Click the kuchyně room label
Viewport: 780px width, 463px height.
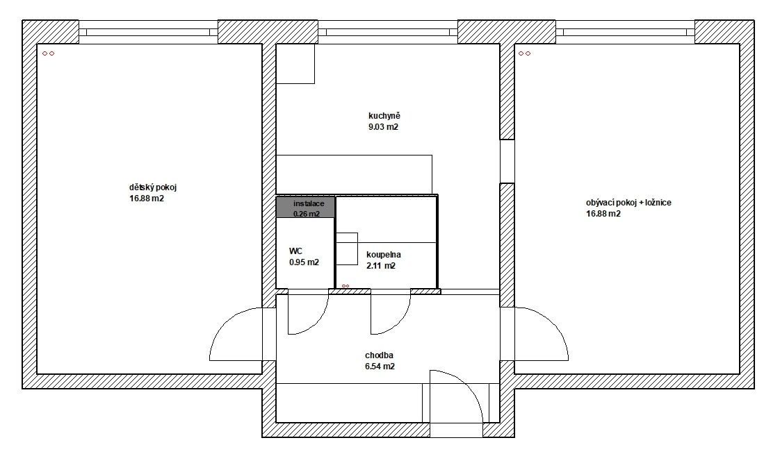click(384, 116)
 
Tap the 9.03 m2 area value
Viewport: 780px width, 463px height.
click(383, 126)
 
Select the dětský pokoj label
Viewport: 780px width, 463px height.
click(153, 187)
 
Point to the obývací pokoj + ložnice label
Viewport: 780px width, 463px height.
click(628, 203)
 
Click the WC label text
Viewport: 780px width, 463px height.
click(295, 251)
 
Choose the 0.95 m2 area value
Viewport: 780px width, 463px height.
click(304, 262)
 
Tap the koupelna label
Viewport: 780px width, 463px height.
click(384, 255)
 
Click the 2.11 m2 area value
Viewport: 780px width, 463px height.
click(381, 266)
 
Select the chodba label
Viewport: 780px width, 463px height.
click(379, 355)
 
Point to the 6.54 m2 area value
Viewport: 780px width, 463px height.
click(380, 367)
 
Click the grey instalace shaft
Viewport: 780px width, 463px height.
click(305, 207)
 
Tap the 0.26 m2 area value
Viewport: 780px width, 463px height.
click(307, 214)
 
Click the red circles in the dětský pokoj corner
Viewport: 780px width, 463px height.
click(48, 53)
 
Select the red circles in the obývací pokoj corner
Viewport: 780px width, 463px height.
click(524, 53)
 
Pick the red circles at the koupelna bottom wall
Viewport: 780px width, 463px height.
click(346, 286)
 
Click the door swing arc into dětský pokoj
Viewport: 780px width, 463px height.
click(225, 323)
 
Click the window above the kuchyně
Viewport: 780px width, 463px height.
click(387, 33)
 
